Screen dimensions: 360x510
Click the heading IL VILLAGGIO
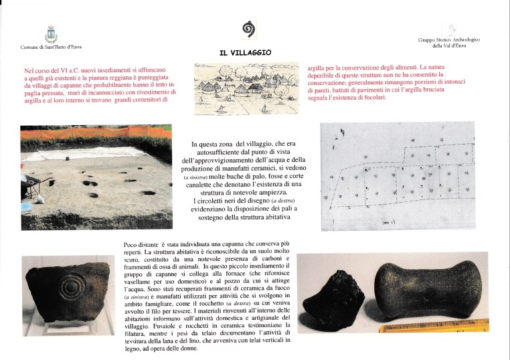[244, 53]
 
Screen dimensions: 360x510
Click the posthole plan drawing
[399, 176]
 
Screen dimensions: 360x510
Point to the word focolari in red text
[371, 97]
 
